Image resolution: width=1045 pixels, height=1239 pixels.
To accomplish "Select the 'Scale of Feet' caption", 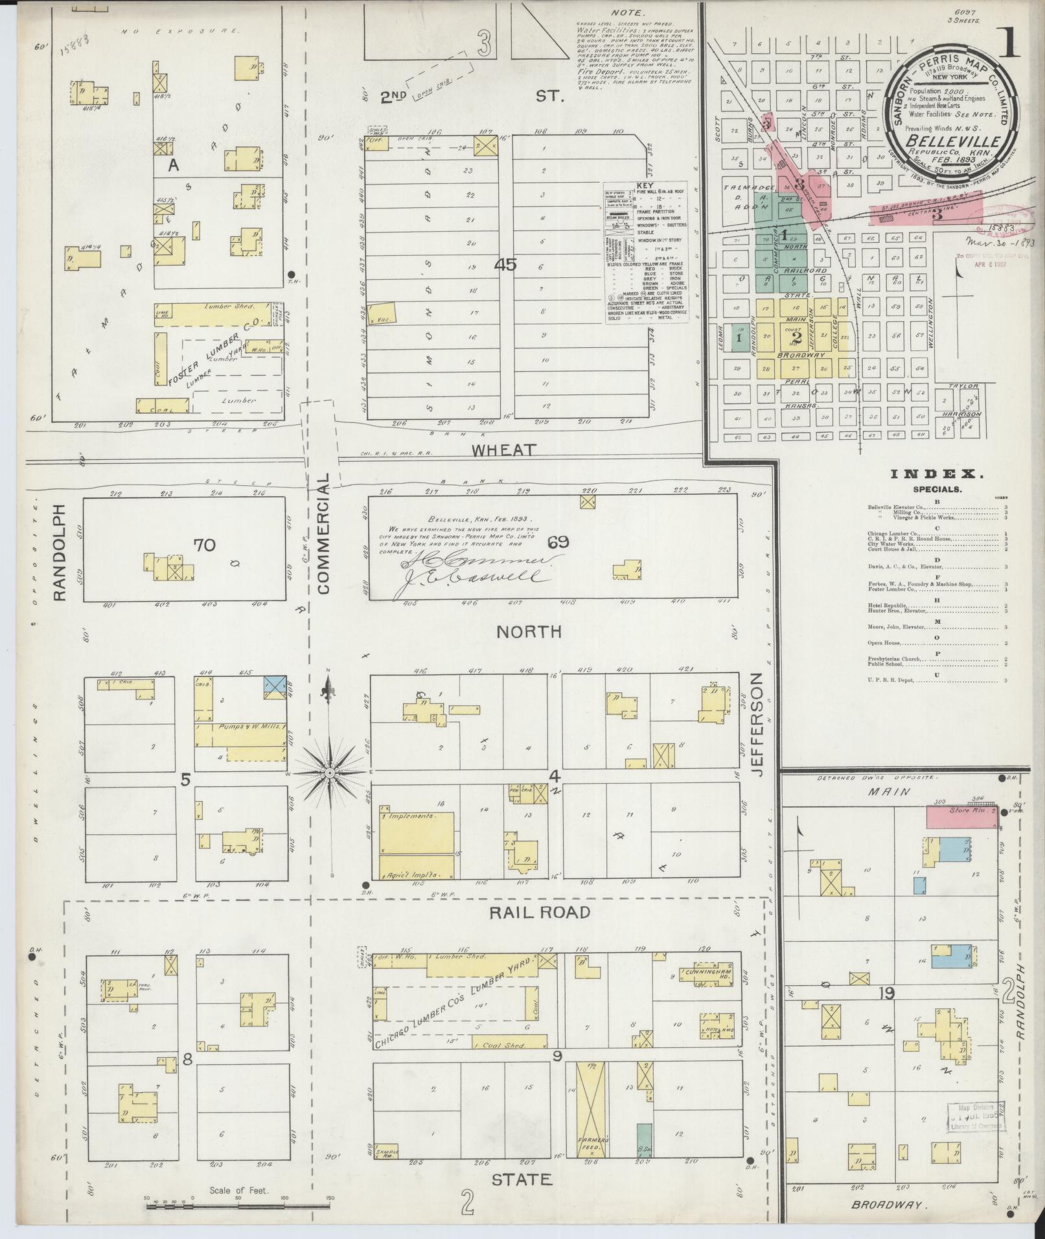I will point(238,1190).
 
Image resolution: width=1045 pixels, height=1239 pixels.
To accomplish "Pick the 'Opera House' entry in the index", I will point(884,644).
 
